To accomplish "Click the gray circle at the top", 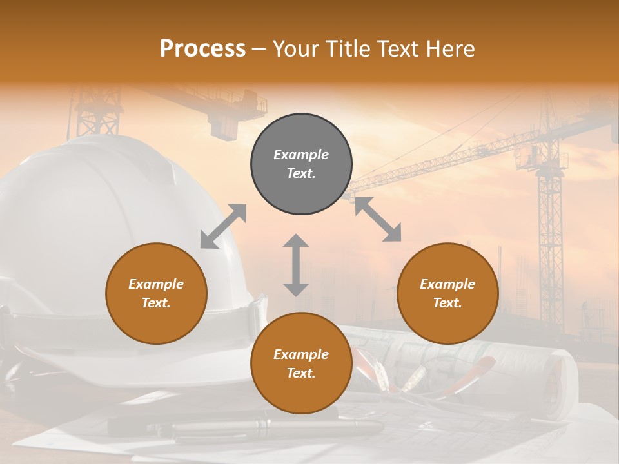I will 301,164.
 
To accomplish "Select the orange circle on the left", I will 156,293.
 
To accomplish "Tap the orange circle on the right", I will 447,293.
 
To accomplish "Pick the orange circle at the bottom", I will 301,363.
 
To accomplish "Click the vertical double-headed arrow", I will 296,265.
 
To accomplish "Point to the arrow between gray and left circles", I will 223,226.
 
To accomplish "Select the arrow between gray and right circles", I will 378,219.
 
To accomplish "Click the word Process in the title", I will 202,48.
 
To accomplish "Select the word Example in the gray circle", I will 301,155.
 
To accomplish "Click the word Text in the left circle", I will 156,303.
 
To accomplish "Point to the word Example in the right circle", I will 447,284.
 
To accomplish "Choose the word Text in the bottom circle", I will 301,373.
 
